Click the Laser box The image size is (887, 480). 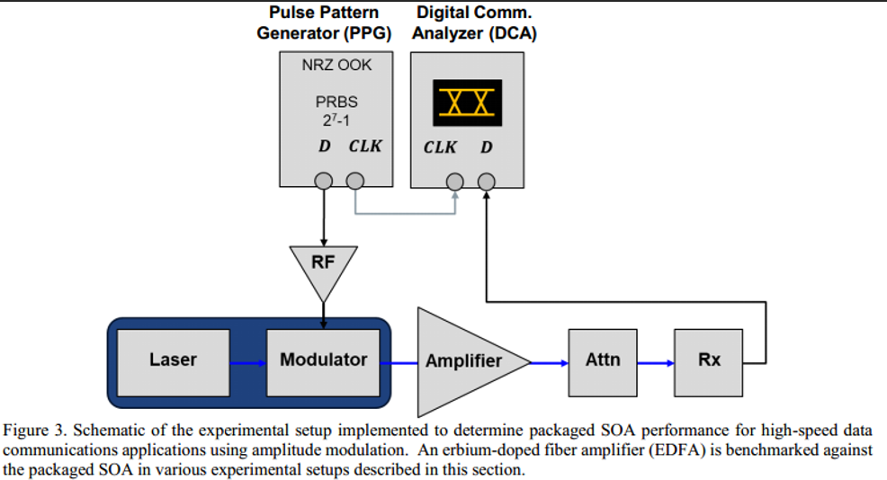tap(173, 360)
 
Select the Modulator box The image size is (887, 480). tap(323, 360)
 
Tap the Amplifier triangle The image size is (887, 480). tap(462, 361)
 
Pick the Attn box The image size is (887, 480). tap(603, 360)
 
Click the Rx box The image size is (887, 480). tap(709, 360)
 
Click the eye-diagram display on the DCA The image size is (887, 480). tap(465, 102)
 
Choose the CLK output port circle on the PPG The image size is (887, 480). tap(355, 182)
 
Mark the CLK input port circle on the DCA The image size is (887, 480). tap(455, 182)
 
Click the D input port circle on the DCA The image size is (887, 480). tap(486, 182)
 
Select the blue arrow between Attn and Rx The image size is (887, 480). tap(656, 363)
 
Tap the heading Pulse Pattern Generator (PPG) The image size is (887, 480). tap(324, 23)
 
